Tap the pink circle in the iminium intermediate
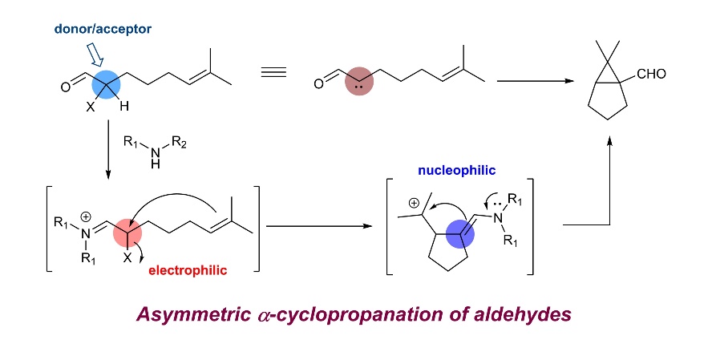127,237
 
